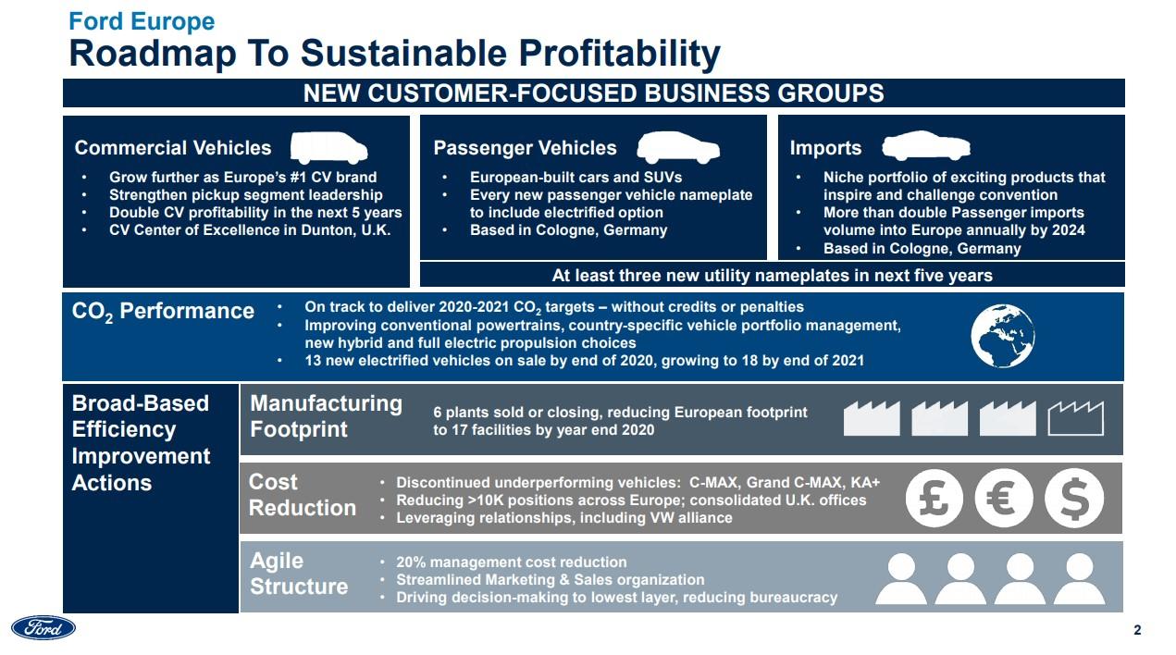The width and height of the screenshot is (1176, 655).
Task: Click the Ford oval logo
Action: click(43, 627)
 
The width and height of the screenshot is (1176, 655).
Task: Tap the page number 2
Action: click(1137, 630)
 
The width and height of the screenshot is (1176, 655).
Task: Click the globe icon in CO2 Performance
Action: click(1002, 336)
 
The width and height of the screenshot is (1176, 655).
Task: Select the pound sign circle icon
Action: click(934, 498)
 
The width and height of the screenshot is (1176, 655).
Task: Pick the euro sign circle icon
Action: click(1004, 498)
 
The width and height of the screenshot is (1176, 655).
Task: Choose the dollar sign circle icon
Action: click(1074, 498)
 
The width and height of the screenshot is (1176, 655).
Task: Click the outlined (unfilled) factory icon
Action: click(1076, 418)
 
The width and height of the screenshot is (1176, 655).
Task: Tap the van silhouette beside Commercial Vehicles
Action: click(329, 147)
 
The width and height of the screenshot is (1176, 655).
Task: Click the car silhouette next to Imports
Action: click(926, 145)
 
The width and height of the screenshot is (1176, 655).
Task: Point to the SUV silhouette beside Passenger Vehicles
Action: click(678, 147)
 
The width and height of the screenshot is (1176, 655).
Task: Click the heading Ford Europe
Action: click(142, 21)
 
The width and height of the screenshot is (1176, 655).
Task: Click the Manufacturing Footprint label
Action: click(326, 416)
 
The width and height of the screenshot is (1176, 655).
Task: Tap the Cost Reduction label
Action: click(303, 495)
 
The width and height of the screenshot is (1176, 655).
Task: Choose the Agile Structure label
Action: click(299, 574)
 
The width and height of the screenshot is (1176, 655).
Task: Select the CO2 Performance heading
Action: click(163, 311)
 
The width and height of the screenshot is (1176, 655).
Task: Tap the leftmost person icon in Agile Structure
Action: click(901, 579)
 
